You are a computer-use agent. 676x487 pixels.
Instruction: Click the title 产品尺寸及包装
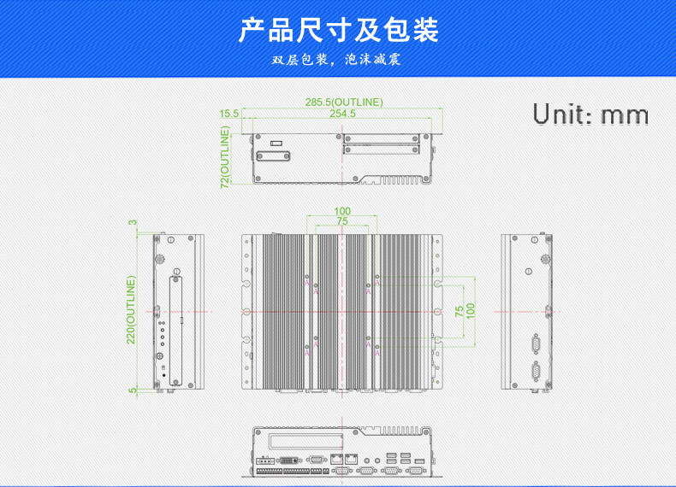coord(338,30)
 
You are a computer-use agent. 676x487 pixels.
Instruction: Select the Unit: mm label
coord(590,114)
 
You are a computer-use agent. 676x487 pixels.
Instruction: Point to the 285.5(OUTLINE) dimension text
coord(344,103)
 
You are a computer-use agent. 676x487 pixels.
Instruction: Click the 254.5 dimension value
coord(342,114)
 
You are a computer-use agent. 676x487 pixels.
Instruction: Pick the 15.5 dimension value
coord(228,114)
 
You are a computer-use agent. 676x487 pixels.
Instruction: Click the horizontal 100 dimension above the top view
coord(342,211)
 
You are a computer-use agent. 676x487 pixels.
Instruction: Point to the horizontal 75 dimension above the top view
coord(342,221)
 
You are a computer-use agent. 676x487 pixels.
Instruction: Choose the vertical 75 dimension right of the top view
coord(460,311)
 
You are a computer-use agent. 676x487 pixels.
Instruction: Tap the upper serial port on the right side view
coord(537,343)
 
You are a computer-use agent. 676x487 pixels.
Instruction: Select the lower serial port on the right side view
coord(537,370)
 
